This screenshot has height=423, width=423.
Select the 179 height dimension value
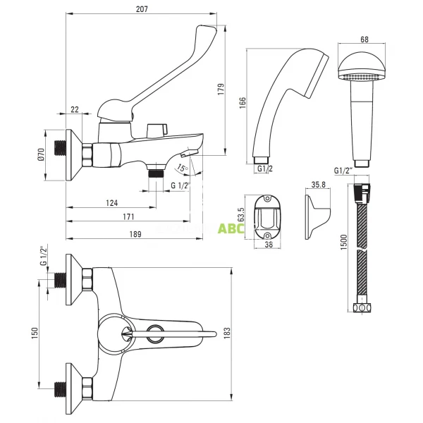click(221, 90)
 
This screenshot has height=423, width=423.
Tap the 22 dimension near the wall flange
click(75, 109)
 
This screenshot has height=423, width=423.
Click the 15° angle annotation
click(182, 168)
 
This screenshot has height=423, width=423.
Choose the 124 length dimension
click(112, 204)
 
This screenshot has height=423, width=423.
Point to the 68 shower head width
click(364, 40)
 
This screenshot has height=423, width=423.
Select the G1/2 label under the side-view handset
click(264, 169)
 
